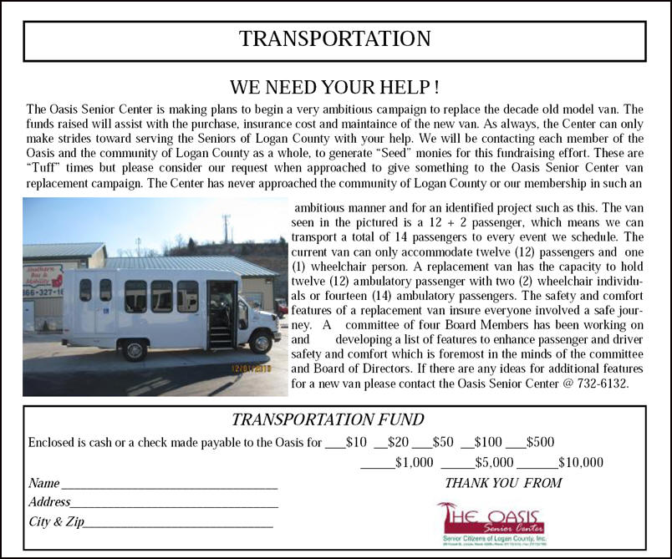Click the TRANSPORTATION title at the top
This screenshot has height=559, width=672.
point(334,39)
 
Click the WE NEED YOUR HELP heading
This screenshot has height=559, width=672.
point(334,88)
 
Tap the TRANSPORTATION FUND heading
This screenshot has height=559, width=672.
point(328,420)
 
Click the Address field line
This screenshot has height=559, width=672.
point(174,504)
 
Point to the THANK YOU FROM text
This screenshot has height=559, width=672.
point(503,483)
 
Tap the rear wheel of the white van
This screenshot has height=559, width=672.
point(134,348)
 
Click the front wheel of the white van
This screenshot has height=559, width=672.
point(261,341)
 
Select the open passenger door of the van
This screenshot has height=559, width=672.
point(221,313)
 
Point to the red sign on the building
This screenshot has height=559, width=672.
point(44,276)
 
